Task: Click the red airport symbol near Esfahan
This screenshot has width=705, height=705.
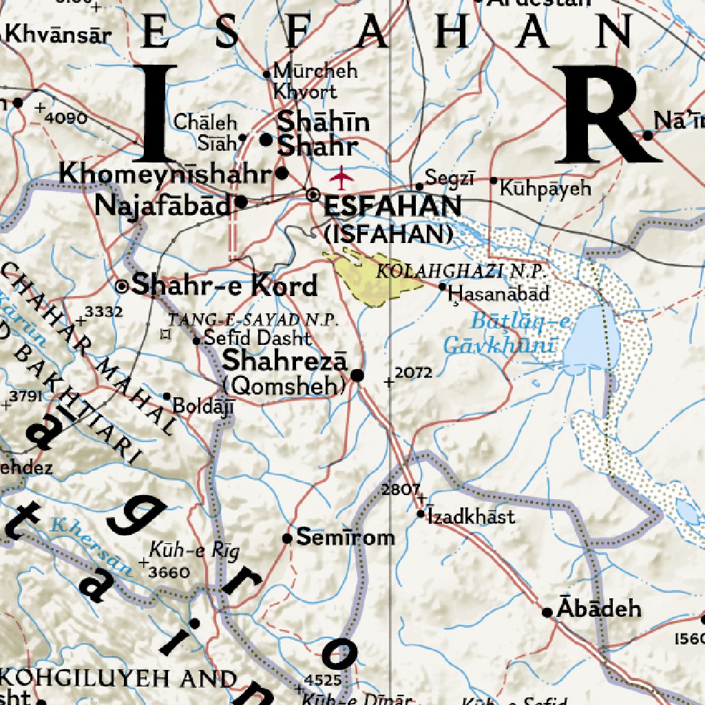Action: click(341, 178)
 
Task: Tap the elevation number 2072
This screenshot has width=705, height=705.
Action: click(414, 373)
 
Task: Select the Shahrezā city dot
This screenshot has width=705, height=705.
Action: click(357, 375)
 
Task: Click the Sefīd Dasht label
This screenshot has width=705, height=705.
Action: click(257, 339)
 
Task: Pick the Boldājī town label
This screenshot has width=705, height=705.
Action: click(203, 406)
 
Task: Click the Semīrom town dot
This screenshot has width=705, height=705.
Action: click(288, 538)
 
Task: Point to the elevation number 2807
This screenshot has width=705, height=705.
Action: click(400, 490)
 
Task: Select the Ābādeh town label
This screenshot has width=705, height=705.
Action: click(599, 609)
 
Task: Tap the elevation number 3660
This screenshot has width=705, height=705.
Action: click(169, 571)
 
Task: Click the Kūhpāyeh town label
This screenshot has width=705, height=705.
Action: click(545, 188)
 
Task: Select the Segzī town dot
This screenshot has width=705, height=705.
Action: click(419, 186)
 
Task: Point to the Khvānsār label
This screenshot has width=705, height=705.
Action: click(57, 34)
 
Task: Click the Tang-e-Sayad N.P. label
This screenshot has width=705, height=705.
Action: click(254, 319)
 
